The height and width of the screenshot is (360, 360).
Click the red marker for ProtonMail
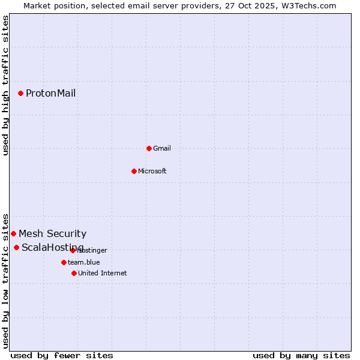pyautogui.click(x=20, y=93)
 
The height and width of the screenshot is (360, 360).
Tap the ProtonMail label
pyautogui.click(x=50, y=93)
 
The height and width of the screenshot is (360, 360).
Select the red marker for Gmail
pyautogui.click(x=149, y=148)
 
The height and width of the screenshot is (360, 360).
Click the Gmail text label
pyautogui.click(x=162, y=148)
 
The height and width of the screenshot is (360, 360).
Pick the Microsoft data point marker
pyautogui.click(x=134, y=171)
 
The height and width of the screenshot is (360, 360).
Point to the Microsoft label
pyautogui.click(x=152, y=171)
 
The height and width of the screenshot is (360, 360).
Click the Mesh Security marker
pyautogui.click(x=13, y=233)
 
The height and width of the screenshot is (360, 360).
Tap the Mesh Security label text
pyautogui.click(x=52, y=233)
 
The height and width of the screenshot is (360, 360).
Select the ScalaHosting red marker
pyautogui.click(x=16, y=247)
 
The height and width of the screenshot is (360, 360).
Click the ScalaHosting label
pyautogui.click(x=52, y=248)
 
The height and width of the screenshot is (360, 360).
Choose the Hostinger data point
pyautogui.click(x=73, y=250)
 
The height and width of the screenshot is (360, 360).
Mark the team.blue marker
pyautogui.click(x=64, y=262)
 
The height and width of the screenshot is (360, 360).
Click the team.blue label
pyautogui.click(x=84, y=262)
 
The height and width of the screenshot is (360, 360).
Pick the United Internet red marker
pyautogui.click(x=74, y=273)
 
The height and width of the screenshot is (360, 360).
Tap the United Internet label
pyautogui.click(x=102, y=273)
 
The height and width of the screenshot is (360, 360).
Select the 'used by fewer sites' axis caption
pyautogui.click(x=62, y=355)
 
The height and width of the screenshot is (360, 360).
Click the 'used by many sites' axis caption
pyautogui.click(x=301, y=355)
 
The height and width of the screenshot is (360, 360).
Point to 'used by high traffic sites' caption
pyautogui.click(x=6, y=85)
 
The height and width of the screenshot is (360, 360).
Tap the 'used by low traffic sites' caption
pyautogui.click(x=6, y=280)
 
